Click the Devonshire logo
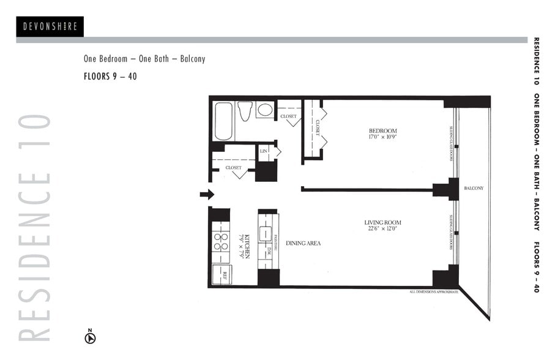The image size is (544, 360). pos(50,26)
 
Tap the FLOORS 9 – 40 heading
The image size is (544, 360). pos(110,77)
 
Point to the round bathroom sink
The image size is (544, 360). pos(264,110)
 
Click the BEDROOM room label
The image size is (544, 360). pos(382,131)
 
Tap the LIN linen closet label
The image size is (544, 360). pos(264,151)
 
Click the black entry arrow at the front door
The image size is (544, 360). pos(207,194)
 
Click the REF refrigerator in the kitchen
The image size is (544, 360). pos(222,274)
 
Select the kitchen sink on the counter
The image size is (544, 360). pos(267,233)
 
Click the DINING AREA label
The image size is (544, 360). pos(303,243)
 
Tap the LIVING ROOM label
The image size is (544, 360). pos(382,222)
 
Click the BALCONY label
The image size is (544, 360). pos(474,188)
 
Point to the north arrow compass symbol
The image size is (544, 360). pos(90,336)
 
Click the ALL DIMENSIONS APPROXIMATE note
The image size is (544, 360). pos(433,292)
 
